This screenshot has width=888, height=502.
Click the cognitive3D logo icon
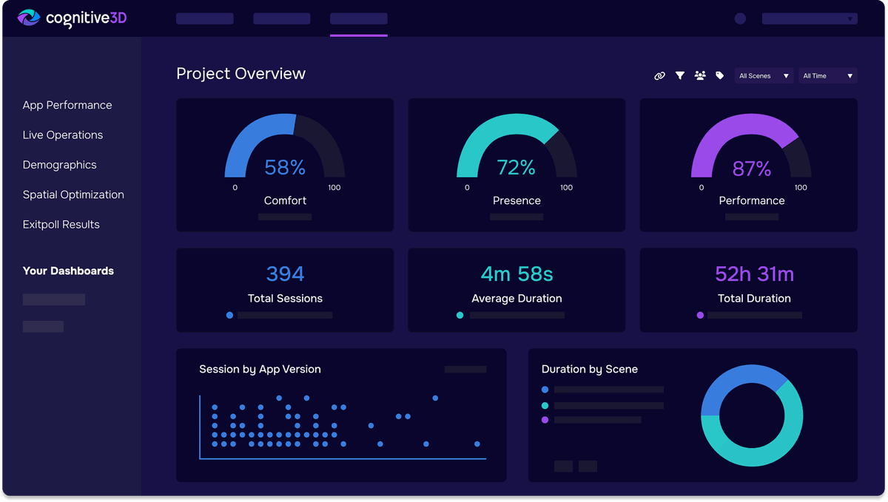click(29, 18)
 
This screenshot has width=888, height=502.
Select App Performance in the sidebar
click(67, 105)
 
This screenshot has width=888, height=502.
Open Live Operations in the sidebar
click(63, 135)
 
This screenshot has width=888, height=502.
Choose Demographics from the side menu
click(60, 165)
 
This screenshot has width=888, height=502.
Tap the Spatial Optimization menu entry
click(73, 194)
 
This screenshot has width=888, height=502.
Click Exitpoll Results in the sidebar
click(61, 225)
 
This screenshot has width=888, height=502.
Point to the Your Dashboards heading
click(68, 271)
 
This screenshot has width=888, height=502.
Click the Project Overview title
click(240, 74)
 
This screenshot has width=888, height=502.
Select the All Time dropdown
click(827, 75)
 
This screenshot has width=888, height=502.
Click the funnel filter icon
click(679, 75)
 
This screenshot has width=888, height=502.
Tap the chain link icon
click(659, 75)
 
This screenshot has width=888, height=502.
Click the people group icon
click(700, 75)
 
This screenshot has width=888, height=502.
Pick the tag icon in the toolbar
click(719, 75)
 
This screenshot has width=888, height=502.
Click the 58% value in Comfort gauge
click(285, 168)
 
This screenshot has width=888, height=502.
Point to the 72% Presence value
click(516, 168)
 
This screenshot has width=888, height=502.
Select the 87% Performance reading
click(751, 169)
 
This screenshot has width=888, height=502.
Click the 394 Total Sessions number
click(285, 274)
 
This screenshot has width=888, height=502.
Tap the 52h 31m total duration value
click(754, 274)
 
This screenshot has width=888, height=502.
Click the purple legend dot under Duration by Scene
click(545, 419)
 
